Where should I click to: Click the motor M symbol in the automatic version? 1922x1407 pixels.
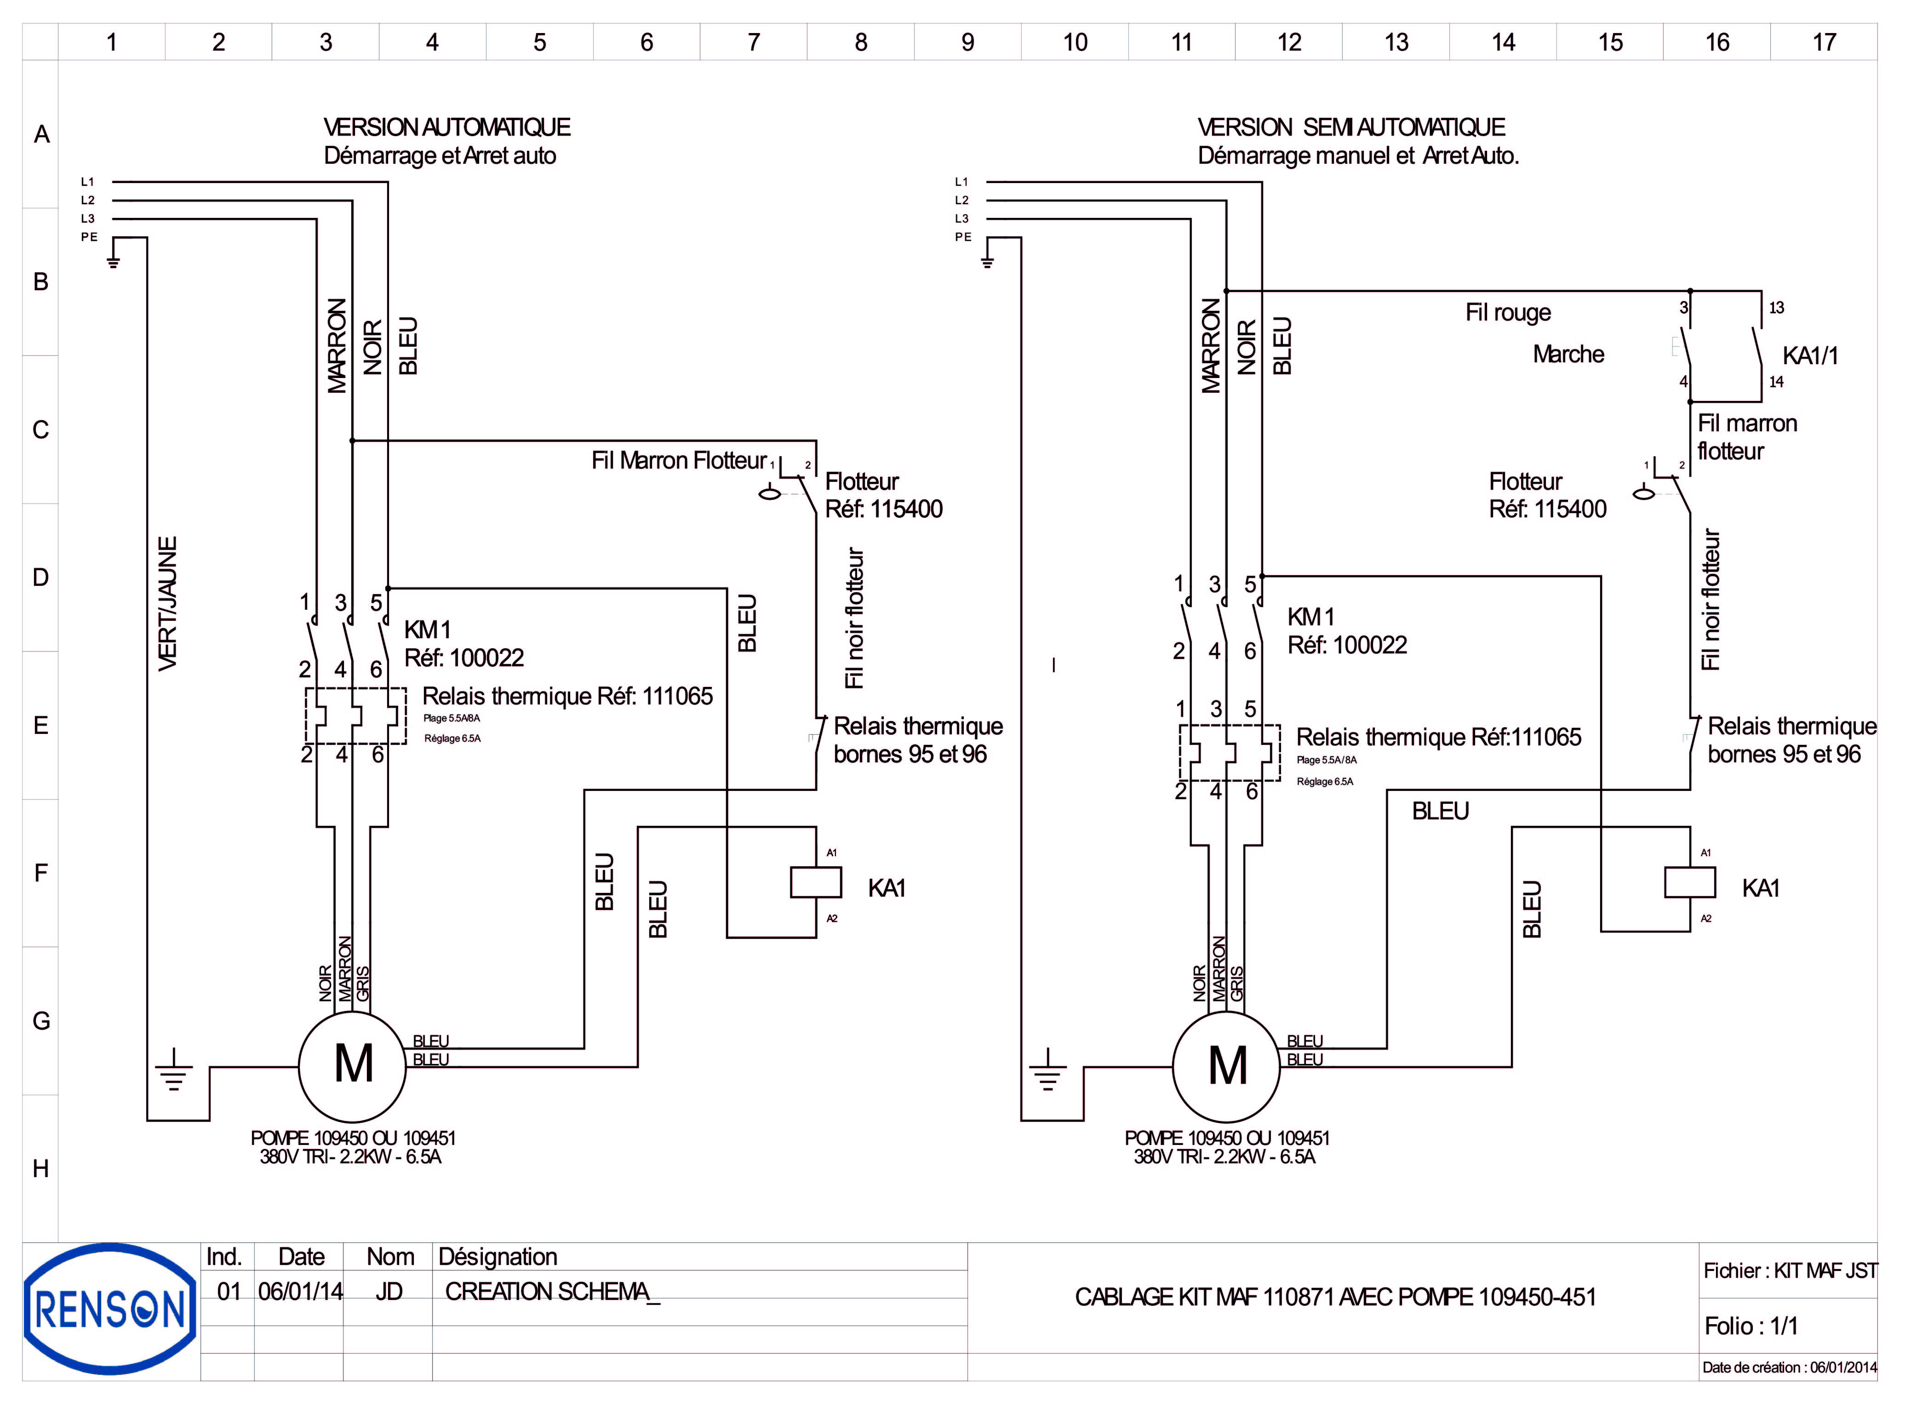(353, 1064)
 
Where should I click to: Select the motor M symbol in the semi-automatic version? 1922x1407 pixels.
(1226, 1064)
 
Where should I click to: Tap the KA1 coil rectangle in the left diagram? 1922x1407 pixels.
(816, 882)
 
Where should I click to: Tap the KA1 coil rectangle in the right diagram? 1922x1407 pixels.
(1689, 882)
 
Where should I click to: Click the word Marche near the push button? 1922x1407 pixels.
(1568, 355)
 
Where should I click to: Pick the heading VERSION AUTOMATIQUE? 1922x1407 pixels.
(446, 128)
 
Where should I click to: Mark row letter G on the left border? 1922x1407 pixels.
(41, 1020)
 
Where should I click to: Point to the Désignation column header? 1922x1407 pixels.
(498, 1257)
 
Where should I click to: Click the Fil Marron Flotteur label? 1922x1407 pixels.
(679, 461)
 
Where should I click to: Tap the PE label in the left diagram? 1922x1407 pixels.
(89, 237)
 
